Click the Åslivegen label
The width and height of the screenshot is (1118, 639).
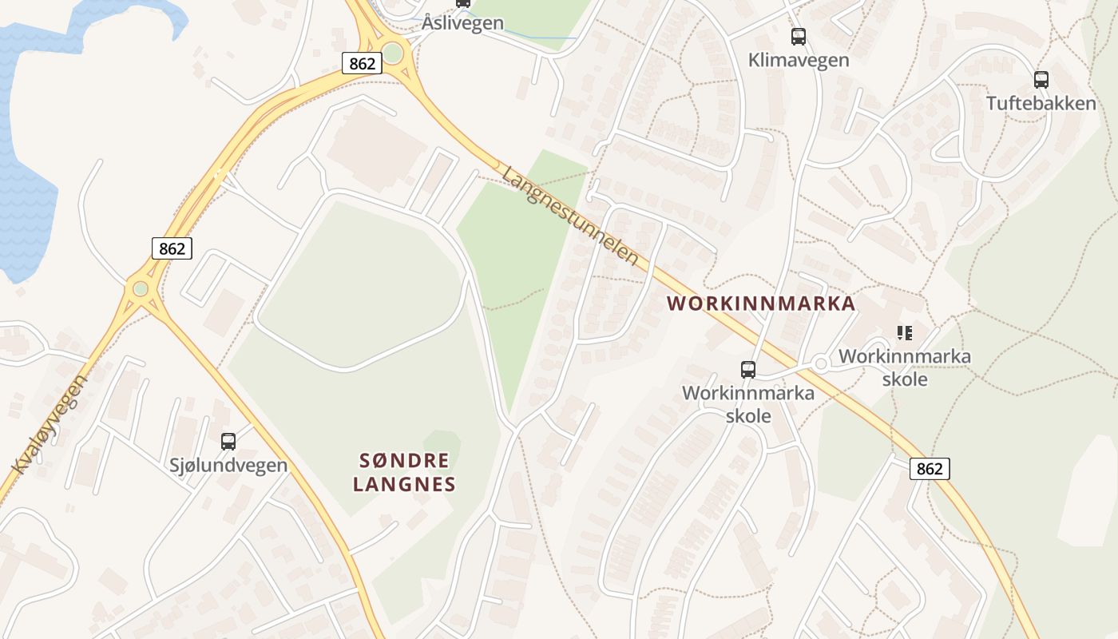[463, 23]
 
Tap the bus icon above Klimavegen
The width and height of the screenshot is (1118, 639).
[798, 37]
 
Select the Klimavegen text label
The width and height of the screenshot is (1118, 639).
[798, 60]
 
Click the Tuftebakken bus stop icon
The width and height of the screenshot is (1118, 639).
[1041, 80]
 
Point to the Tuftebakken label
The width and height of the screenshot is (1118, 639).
[1041, 103]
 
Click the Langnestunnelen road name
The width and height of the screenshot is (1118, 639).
[571, 216]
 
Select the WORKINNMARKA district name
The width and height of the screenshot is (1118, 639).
[761, 304]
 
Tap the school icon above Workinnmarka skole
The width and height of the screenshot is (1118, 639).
[904, 332]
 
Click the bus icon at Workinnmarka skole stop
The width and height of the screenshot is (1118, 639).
[747, 370]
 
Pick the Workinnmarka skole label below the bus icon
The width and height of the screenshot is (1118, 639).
[748, 404]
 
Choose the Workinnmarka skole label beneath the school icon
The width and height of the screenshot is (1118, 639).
[905, 367]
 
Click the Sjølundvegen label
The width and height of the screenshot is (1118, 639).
[228, 465]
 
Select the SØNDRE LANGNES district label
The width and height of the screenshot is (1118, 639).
[404, 472]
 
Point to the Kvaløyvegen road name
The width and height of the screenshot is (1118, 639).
[50, 424]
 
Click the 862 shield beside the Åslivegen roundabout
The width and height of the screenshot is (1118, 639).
[362, 63]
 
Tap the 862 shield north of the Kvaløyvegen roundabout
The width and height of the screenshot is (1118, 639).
[172, 248]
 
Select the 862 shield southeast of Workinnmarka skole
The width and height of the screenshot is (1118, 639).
[930, 469]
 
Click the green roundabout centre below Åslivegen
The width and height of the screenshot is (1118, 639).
[392, 54]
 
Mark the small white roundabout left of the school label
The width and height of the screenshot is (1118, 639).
[820, 364]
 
